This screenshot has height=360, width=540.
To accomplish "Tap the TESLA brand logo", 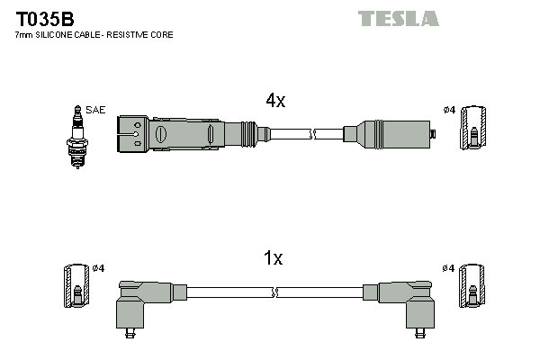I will pos(398,18).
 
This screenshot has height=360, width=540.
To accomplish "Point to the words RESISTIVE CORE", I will pos(144,35).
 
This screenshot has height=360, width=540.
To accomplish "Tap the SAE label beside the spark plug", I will pos(96,110).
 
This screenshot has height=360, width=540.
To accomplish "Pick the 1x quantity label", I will pos(273,259).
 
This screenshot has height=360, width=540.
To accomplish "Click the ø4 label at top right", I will pos(449,110).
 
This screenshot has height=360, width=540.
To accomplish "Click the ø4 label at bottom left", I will pos(99,268).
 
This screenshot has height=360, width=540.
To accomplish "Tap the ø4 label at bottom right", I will pos(449,268).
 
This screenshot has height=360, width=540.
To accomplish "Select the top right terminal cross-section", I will pos(474,129).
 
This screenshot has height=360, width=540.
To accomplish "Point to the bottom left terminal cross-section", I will pos(76,288).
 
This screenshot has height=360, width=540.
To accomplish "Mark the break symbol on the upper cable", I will pos(312,135).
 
